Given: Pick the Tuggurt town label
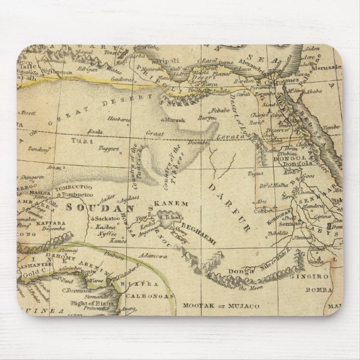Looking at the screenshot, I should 110,149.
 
